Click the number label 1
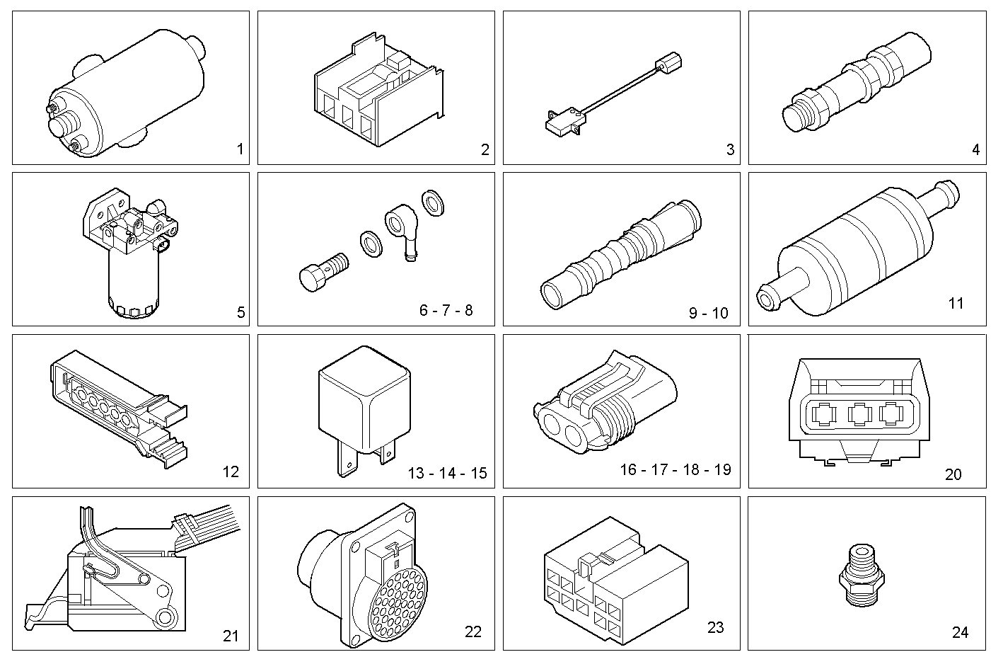(x=240, y=149)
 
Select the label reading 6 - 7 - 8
(x=446, y=310)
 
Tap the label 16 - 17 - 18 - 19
(x=675, y=469)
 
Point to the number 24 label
(x=960, y=632)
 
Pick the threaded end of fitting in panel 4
(x=799, y=113)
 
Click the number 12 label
(x=231, y=471)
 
